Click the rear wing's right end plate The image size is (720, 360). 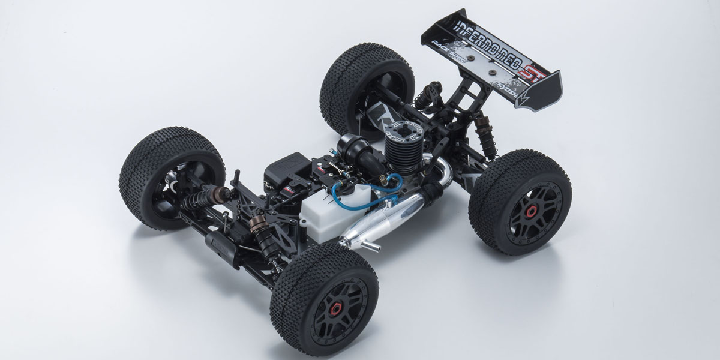pos(547,89)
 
